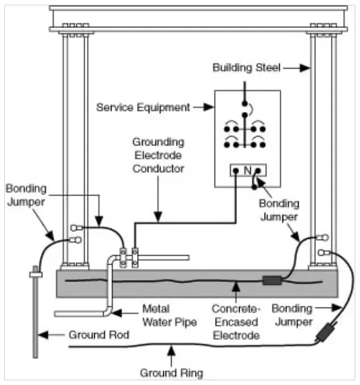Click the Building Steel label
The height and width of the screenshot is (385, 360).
click(x=246, y=67)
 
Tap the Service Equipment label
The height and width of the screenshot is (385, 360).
click(x=143, y=107)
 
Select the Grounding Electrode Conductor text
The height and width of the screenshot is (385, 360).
click(x=159, y=155)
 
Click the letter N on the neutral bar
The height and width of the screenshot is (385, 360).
click(x=247, y=170)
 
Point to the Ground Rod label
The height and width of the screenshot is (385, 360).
click(x=99, y=335)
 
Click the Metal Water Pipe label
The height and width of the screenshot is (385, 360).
click(x=169, y=315)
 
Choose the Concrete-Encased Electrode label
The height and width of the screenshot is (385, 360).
click(x=236, y=322)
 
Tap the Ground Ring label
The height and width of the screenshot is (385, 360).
click(x=172, y=372)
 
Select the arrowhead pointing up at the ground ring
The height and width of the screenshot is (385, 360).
click(x=172, y=350)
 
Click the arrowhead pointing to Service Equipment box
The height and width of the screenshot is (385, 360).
click(x=209, y=107)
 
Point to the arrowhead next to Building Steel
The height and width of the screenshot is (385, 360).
click(x=305, y=68)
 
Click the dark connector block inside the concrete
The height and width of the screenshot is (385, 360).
click(x=272, y=280)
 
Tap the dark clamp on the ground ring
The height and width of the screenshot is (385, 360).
click(x=327, y=331)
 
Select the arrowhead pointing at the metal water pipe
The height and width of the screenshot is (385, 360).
click(x=116, y=313)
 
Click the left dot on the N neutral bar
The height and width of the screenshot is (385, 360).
click(x=236, y=170)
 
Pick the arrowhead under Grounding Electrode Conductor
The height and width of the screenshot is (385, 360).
click(x=158, y=217)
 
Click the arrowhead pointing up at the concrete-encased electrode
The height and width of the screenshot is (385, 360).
click(x=236, y=287)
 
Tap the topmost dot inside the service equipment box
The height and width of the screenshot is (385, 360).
click(x=244, y=104)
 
